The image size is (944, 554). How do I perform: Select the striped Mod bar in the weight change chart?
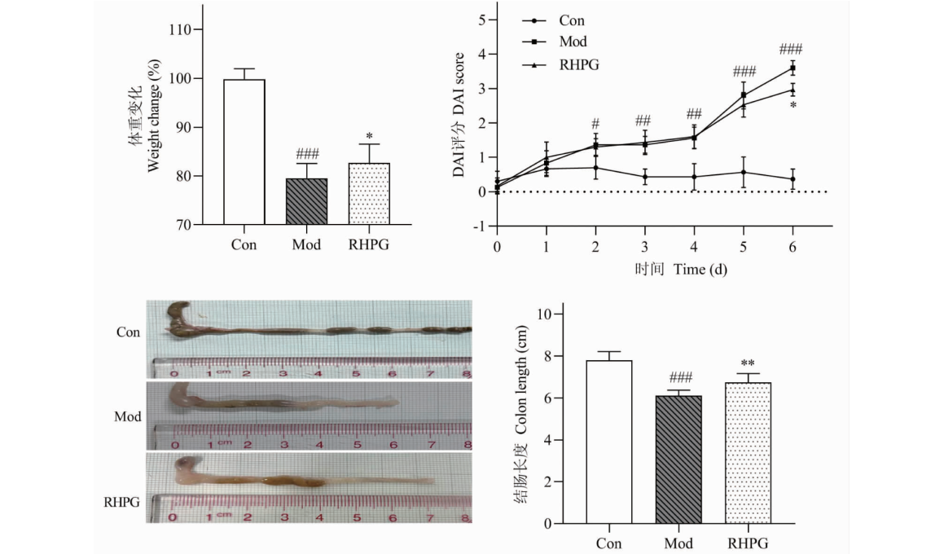click(x=306, y=201)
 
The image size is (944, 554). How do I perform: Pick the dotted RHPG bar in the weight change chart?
click(x=369, y=194)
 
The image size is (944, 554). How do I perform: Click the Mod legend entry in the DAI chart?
click(x=573, y=42)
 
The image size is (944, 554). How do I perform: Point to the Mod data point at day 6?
click(x=793, y=68)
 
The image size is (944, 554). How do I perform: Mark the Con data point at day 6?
click(x=793, y=179)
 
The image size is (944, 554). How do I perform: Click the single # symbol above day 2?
click(x=595, y=124)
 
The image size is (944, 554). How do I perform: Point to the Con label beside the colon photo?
click(x=128, y=332)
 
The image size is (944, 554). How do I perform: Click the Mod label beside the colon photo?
click(x=128, y=416)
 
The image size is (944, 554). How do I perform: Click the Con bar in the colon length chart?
click(x=609, y=442)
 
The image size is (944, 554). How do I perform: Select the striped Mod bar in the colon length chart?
click(x=679, y=459)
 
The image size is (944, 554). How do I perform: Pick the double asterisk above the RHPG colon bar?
click(x=749, y=364)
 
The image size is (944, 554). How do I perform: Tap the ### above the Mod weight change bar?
click(x=306, y=154)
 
